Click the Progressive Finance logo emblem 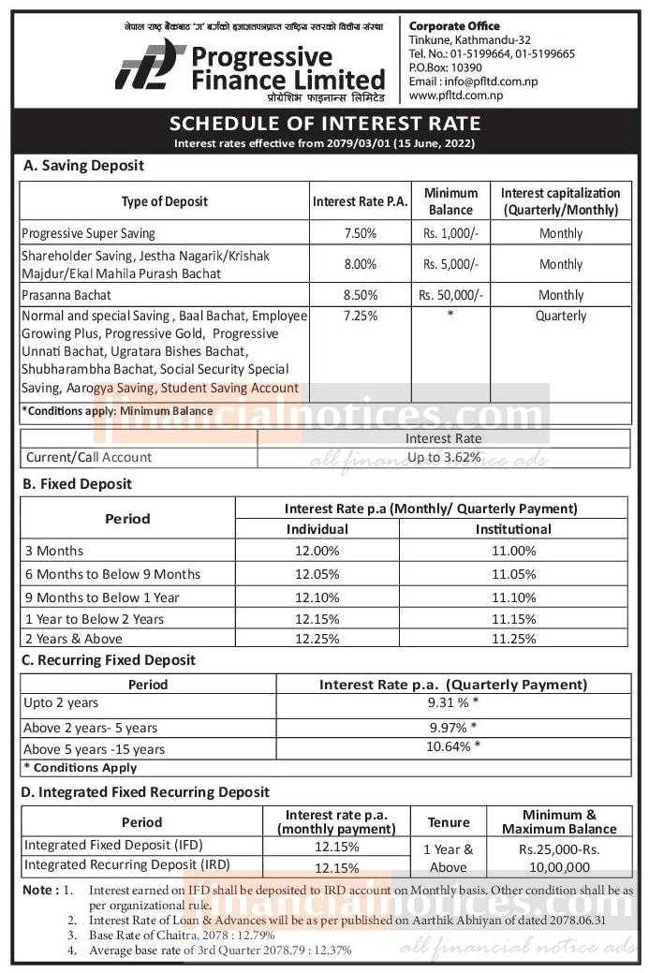[149, 66]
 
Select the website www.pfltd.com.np [456, 95]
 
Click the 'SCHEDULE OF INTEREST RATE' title [324, 124]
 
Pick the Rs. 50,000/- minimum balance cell [450, 295]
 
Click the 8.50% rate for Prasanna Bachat [360, 295]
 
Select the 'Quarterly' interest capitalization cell [560, 316]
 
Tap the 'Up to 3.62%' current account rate [443, 457]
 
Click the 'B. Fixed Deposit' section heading [78, 484]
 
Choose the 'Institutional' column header [513, 529]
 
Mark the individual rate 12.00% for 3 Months [317, 551]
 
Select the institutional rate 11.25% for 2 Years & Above [513, 639]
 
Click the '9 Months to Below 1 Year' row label [102, 597]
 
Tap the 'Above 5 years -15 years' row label [94, 748]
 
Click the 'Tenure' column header [449, 822]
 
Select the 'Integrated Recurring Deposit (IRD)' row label [126, 864]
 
